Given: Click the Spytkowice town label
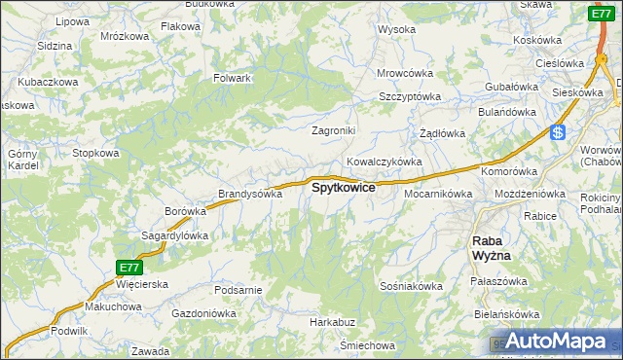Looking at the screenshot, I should coord(343,188).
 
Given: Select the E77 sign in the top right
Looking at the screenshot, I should coord(601,14).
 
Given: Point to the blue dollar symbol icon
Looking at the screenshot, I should coord(557,133).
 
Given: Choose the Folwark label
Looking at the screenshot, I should coord(233,78).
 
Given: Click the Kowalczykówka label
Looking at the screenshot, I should coord(384,162).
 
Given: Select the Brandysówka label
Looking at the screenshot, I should coord(250,194).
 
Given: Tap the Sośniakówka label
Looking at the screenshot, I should coord(412,286).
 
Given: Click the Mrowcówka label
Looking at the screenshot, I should coord(405,73).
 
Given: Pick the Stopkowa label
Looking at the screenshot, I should coord(96,153).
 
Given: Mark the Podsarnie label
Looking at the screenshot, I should coord(238,290).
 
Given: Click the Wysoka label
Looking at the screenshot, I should coord(396,29).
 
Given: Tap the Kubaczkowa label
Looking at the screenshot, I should coord(48,83).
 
